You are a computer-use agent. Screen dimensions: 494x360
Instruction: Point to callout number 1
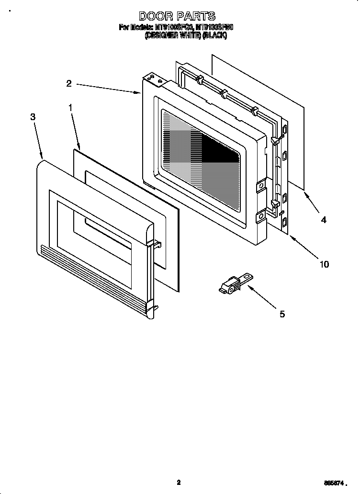click(x=70, y=108)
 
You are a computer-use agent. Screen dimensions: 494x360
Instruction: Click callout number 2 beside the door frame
click(x=69, y=83)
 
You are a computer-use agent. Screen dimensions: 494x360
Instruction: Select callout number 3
click(x=33, y=117)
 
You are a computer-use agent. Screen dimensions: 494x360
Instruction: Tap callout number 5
click(x=282, y=314)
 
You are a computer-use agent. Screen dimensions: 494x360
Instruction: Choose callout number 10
click(x=324, y=264)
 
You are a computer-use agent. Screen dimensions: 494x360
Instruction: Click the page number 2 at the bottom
click(x=179, y=483)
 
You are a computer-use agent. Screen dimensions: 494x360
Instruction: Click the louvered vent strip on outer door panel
click(x=96, y=278)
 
